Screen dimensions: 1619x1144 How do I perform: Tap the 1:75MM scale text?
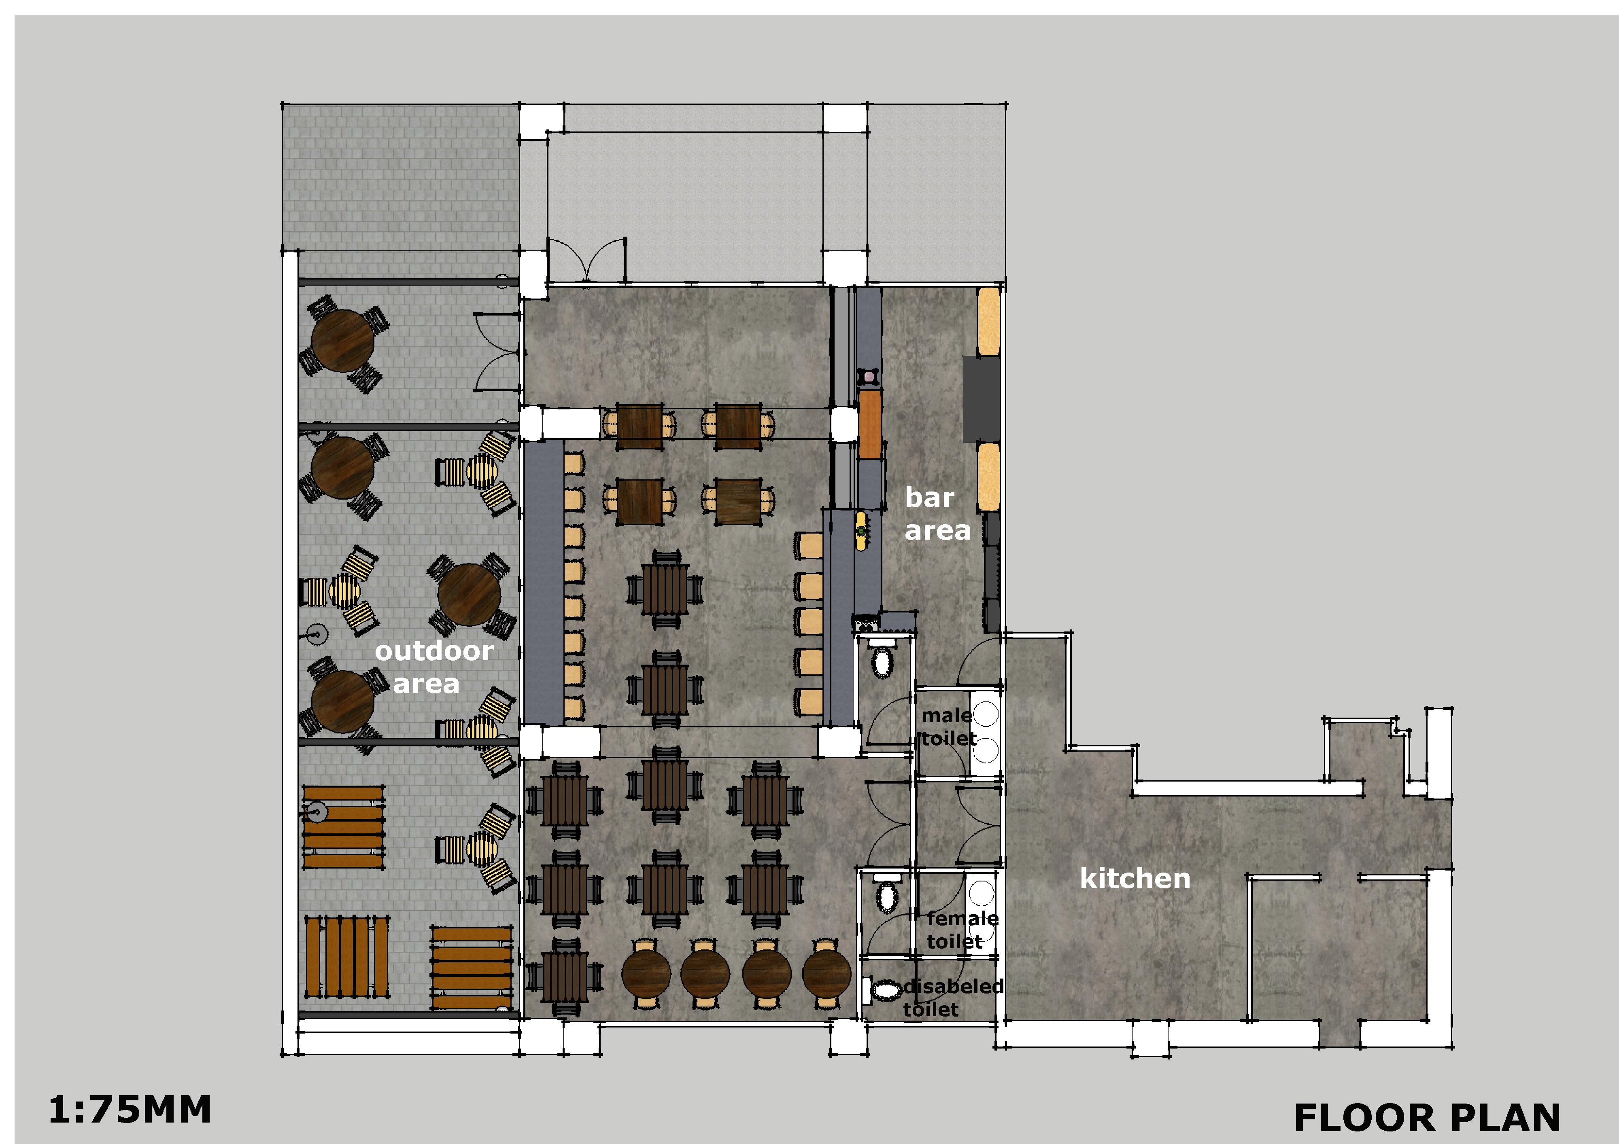click(130, 1110)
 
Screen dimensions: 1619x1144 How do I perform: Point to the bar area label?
click(937, 514)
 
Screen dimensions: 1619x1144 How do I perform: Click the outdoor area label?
click(433, 667)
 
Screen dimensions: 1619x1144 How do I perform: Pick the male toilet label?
click(948, 727)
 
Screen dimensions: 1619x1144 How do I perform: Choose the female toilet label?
click(962, 930)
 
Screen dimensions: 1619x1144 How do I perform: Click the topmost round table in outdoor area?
click(343, 342)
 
